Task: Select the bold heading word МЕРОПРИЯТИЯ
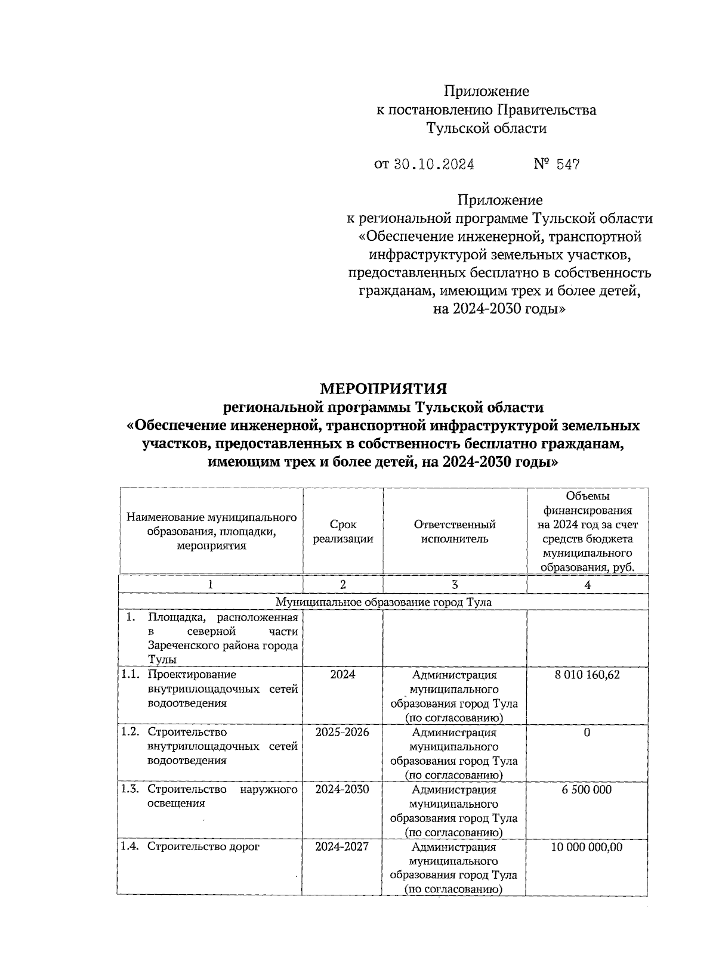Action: (x=384, y=389)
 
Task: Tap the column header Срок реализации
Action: (x=343, y=531)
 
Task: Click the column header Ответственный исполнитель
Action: (x=455, y=531)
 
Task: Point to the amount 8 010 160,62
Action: (x=587, y=675)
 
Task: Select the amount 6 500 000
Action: (x=587, y=790)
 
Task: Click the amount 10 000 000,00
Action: (x=587, y=847)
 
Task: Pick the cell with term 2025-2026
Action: (x=342, y=732)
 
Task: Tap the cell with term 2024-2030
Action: (x=342, y=790)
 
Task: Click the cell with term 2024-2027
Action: (x=342, y=847)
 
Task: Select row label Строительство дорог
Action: (x=203, y=847)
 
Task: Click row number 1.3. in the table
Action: (x=130, y=790)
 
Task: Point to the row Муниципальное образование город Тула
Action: (x=384, y=602)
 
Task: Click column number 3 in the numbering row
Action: (x=455, y=585)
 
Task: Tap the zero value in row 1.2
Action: (x=587, y=732)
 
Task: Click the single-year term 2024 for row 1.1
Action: (x=342, y=675)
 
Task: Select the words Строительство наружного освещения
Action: (x=222, y=796)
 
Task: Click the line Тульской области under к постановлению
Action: (x=486, y=128)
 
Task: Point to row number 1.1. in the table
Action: (x=130, y=675)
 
